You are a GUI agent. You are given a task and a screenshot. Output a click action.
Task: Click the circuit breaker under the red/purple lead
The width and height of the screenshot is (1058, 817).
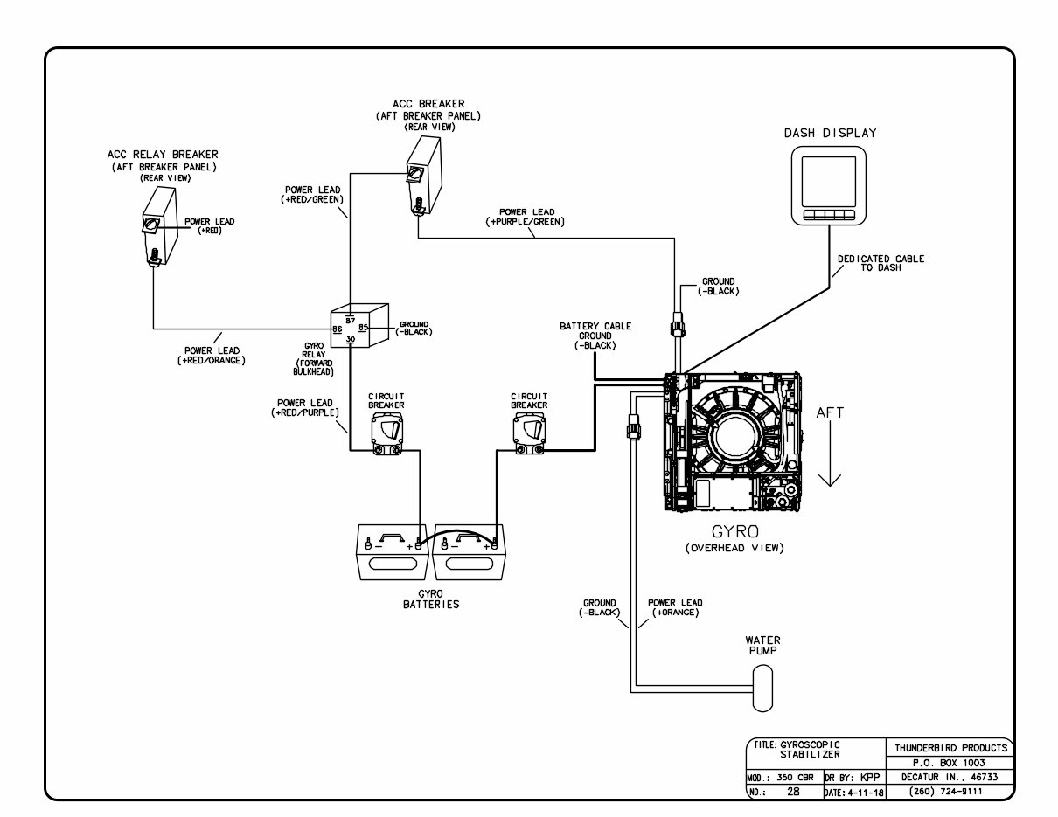386,434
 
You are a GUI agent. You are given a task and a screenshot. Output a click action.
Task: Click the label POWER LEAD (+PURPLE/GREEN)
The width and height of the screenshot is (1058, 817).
526,217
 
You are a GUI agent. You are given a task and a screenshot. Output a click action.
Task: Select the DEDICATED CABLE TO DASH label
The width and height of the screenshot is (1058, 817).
880,263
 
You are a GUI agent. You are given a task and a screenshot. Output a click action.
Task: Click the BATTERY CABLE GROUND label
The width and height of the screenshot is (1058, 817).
595,336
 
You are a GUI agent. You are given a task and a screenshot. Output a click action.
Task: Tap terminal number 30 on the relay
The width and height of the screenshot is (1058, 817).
350,340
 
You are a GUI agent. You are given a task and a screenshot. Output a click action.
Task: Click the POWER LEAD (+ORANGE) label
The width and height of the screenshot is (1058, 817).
674,608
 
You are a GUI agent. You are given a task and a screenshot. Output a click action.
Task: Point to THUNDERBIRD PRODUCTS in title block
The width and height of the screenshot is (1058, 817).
950,747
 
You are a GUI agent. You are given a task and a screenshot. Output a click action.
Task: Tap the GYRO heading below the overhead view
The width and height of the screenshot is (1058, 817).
734,530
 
